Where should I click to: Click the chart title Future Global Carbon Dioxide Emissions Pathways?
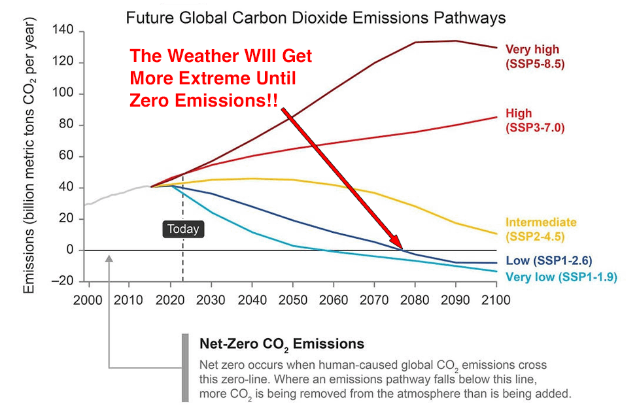coord(315,17)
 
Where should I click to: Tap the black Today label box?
coord(182,229)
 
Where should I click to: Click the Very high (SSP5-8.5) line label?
coord(532,56)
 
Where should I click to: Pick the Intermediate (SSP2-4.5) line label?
coord(541,229)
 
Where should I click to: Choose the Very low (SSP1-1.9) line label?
coord(561,277)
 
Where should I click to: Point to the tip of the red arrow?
coord(402,249)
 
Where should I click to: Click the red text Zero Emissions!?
coord(203,100)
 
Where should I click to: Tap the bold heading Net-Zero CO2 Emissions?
coord(281,343)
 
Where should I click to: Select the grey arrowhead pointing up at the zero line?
coord(109,260)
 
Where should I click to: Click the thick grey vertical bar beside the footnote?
coord(185,368)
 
